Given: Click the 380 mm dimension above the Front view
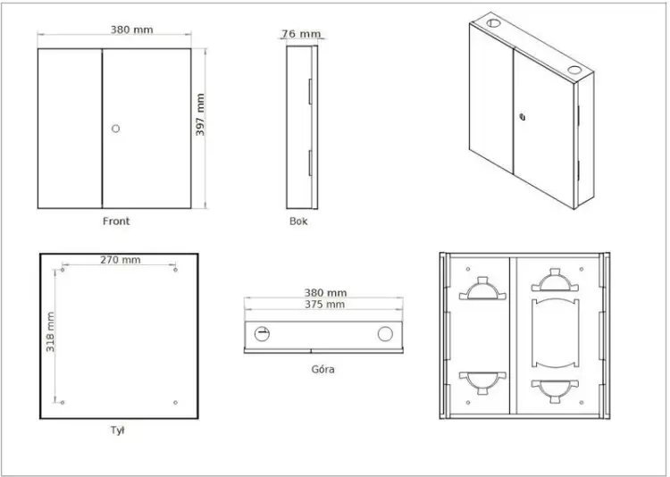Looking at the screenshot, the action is point(131,29).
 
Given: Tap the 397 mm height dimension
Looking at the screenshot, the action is point(200,114).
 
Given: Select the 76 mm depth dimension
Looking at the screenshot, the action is point(301,33).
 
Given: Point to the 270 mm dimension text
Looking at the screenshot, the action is point(120,259).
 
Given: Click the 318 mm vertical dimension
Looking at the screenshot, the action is point(50,332).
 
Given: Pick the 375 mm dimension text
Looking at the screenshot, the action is point(324,305).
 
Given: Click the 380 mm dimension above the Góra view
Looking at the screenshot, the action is point(325,293).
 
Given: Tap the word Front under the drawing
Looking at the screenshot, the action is point(116,221).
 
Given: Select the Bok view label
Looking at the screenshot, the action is point(298,221).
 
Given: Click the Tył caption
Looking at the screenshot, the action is point(118,430).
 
